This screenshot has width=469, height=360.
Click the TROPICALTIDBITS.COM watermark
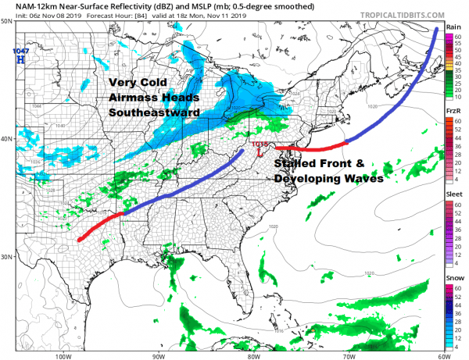click(x=406, y=14)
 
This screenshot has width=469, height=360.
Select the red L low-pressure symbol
click(x=260, y=153)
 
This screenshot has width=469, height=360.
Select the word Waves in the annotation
click(x=360, y=179)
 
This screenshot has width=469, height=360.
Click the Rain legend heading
click(x=453, y=27)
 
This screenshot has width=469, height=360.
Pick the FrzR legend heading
click(x=453, y=112)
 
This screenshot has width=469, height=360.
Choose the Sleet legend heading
click(x=453, y=195)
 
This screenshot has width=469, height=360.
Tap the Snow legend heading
click(x=453, y=279)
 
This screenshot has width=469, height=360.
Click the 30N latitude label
click(x=7, y=257)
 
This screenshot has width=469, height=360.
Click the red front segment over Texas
click(x=98, y=226)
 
